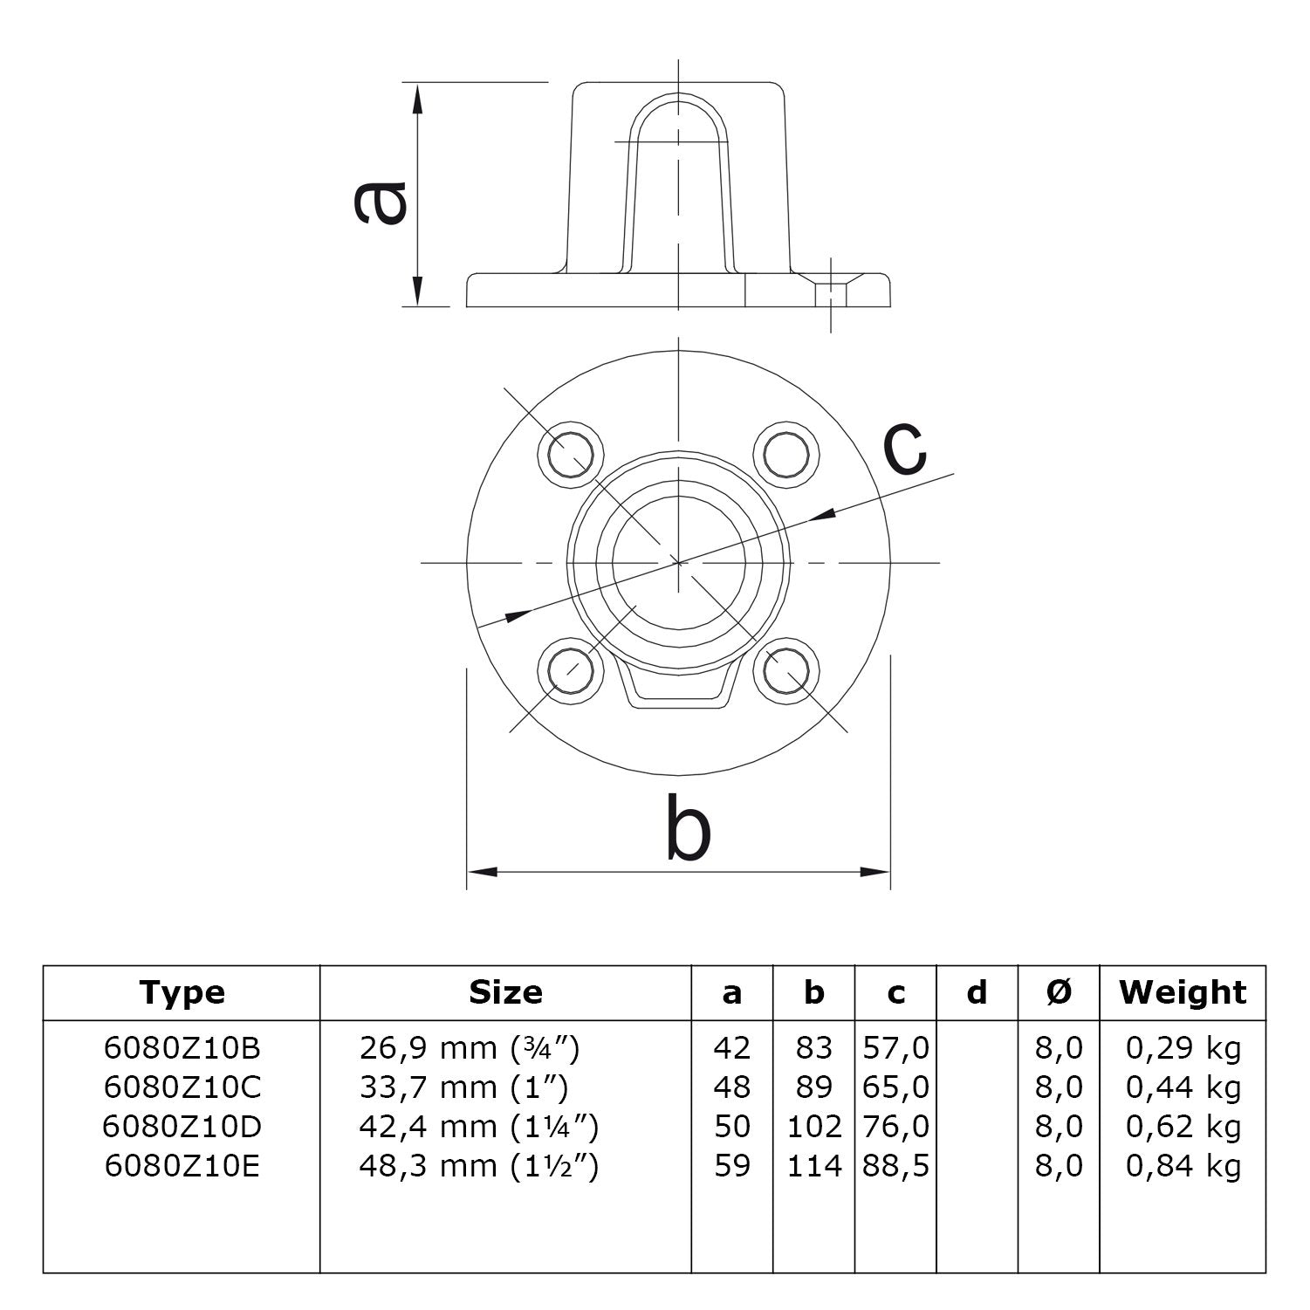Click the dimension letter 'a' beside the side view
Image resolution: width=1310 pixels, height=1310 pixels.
click(x=381, y=202)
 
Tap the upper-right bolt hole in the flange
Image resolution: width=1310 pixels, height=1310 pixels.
click(x=786, y=452)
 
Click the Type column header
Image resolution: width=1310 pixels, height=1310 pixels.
click(x=182, y=992)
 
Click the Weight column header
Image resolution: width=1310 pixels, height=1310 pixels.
click(x=1183, y=992)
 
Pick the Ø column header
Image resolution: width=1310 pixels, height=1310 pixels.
click(x=1059, y=992)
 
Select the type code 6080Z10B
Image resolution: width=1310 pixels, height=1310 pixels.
click(x=182, y=1047)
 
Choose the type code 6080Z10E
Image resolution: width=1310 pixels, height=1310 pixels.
click(x=182, y=1166)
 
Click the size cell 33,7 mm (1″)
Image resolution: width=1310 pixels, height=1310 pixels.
click(x=463, y=1087)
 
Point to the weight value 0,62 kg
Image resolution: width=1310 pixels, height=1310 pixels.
click(x=1183, y=1127)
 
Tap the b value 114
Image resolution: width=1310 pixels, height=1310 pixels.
click(x=813, y=1166)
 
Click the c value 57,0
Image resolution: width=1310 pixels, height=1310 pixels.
click(x=896, y=1047)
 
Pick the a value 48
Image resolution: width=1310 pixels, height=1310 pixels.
click(x=731, y=1087)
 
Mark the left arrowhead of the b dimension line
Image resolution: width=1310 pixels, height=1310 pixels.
click(x=482, y=871)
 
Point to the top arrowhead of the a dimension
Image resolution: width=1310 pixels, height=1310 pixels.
click(x=418, y=99)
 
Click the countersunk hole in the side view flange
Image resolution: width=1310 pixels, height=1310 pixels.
click(x=831, y=289)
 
